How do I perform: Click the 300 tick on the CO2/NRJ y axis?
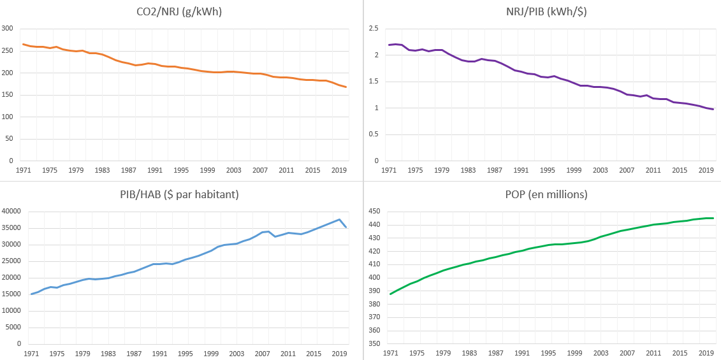pyautogui.click(x=8, y=29)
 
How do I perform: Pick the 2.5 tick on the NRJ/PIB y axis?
pyautogui.click(x=373, y=29)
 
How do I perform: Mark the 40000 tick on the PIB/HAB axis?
pyautogui.click(x=12, y=212)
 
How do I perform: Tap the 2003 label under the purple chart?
pyautogui.click(x=601, y=170)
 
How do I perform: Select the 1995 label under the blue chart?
pyautogui.click(x=185, y=354)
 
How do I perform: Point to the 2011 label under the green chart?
pyautogui.click(x=653, y=354)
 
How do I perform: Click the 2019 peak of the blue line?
pyautogui.click(x=339, y=219)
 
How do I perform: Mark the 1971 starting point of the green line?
pyautogui.click(x=390, y=294)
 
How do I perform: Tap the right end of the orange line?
pyautogui.click(x=346, y=87)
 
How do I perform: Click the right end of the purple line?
pyautogui.click(x=713, y=109)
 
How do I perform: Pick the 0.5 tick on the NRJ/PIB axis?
pyautogui.click(x=373, y=134)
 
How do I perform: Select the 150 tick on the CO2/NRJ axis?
pyautogui.click(x=8, y=95)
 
